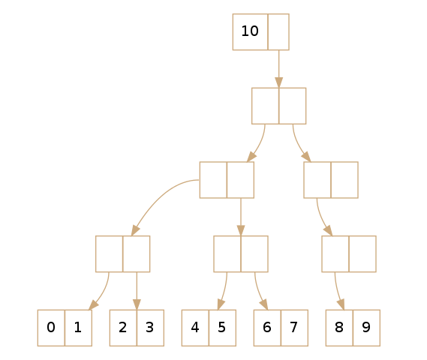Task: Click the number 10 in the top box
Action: coord(250,31)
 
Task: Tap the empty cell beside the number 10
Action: coord(278,31)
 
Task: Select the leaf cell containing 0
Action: coord(51,328)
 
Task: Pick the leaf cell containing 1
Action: coord(79,328)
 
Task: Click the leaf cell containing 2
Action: coord(123,328)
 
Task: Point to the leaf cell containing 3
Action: coord(150,328)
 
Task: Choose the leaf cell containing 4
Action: coord(195,328)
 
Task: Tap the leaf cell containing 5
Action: coord(222,328)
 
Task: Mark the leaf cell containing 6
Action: coord(267,328)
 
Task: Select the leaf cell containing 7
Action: coord(294,328)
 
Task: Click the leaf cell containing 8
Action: coord(339,328)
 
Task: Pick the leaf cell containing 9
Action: coord(366,328)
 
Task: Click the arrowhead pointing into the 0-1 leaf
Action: coord(93,305)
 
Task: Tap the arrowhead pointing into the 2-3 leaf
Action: coord(137,304)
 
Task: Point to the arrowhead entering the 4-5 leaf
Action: coord(221,304)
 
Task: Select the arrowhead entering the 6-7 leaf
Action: coord(264,304)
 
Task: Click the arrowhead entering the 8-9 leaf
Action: coord(341,304)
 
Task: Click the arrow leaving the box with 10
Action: coord(278,69)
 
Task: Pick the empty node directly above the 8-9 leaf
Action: coord(349,254)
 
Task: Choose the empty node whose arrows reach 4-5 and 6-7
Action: coord(241,254)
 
